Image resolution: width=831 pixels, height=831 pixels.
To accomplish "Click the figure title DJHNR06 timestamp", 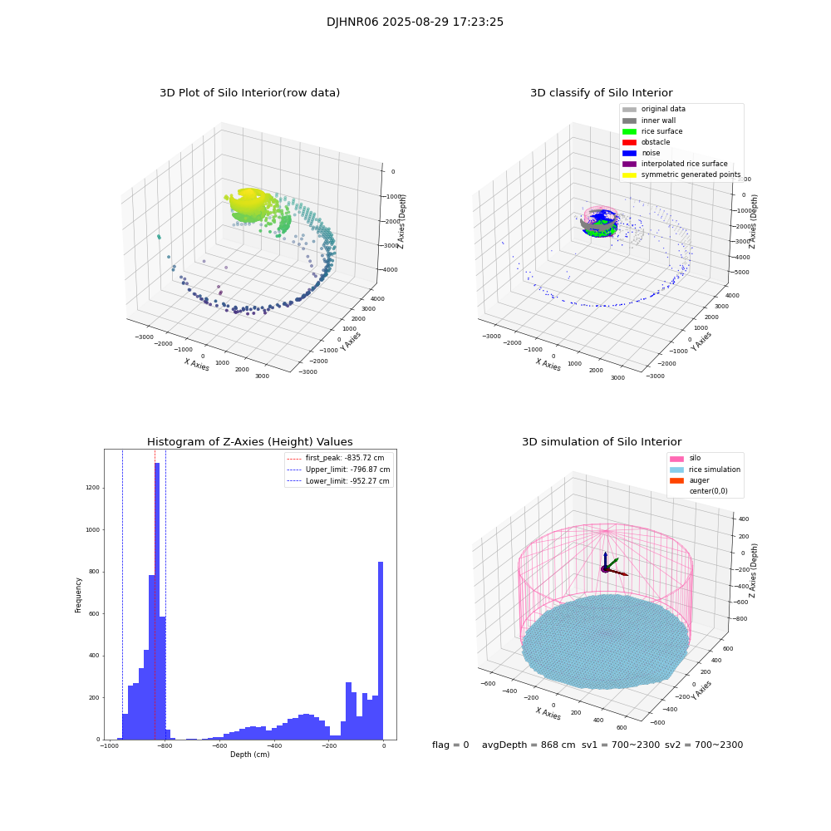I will click(x=415, y=22).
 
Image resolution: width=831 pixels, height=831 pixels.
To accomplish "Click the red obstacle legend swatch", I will click(x=629, y=142).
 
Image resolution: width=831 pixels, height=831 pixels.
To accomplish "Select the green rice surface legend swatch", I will click(x=629, y=131).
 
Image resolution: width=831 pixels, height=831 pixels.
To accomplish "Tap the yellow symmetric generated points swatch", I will click(x=629, y=175).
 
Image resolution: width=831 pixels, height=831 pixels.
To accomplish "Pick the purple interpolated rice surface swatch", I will click(x=629, y=164).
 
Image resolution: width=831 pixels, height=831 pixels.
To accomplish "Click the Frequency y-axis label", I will click(x=79, y=594).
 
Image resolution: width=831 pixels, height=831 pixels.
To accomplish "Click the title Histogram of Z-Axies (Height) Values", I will click(x=249, y=442).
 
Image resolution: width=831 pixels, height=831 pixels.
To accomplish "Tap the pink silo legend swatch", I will click(x=676, y=459).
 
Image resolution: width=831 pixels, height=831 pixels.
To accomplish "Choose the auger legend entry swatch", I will click(x=676, y=480).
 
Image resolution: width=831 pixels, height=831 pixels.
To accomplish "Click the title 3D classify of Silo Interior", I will click(x=601, y=93).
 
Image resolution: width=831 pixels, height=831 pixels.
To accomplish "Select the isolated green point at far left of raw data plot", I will click(x=159, y=237).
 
